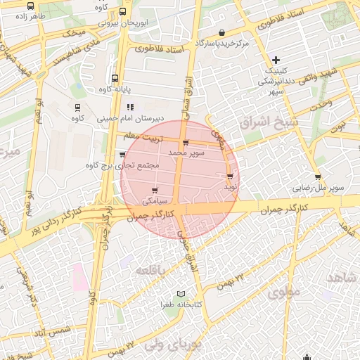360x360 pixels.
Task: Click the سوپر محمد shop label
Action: tap(187, 152)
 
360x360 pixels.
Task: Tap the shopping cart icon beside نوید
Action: tap(230, 175)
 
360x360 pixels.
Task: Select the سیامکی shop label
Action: tap(155, 200)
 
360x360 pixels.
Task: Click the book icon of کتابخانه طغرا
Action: tap(181, 294)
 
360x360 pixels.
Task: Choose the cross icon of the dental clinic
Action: tap(276, 61)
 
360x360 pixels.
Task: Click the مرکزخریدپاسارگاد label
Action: tap(223, 44)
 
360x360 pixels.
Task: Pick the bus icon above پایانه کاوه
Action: tap(114, 79)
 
